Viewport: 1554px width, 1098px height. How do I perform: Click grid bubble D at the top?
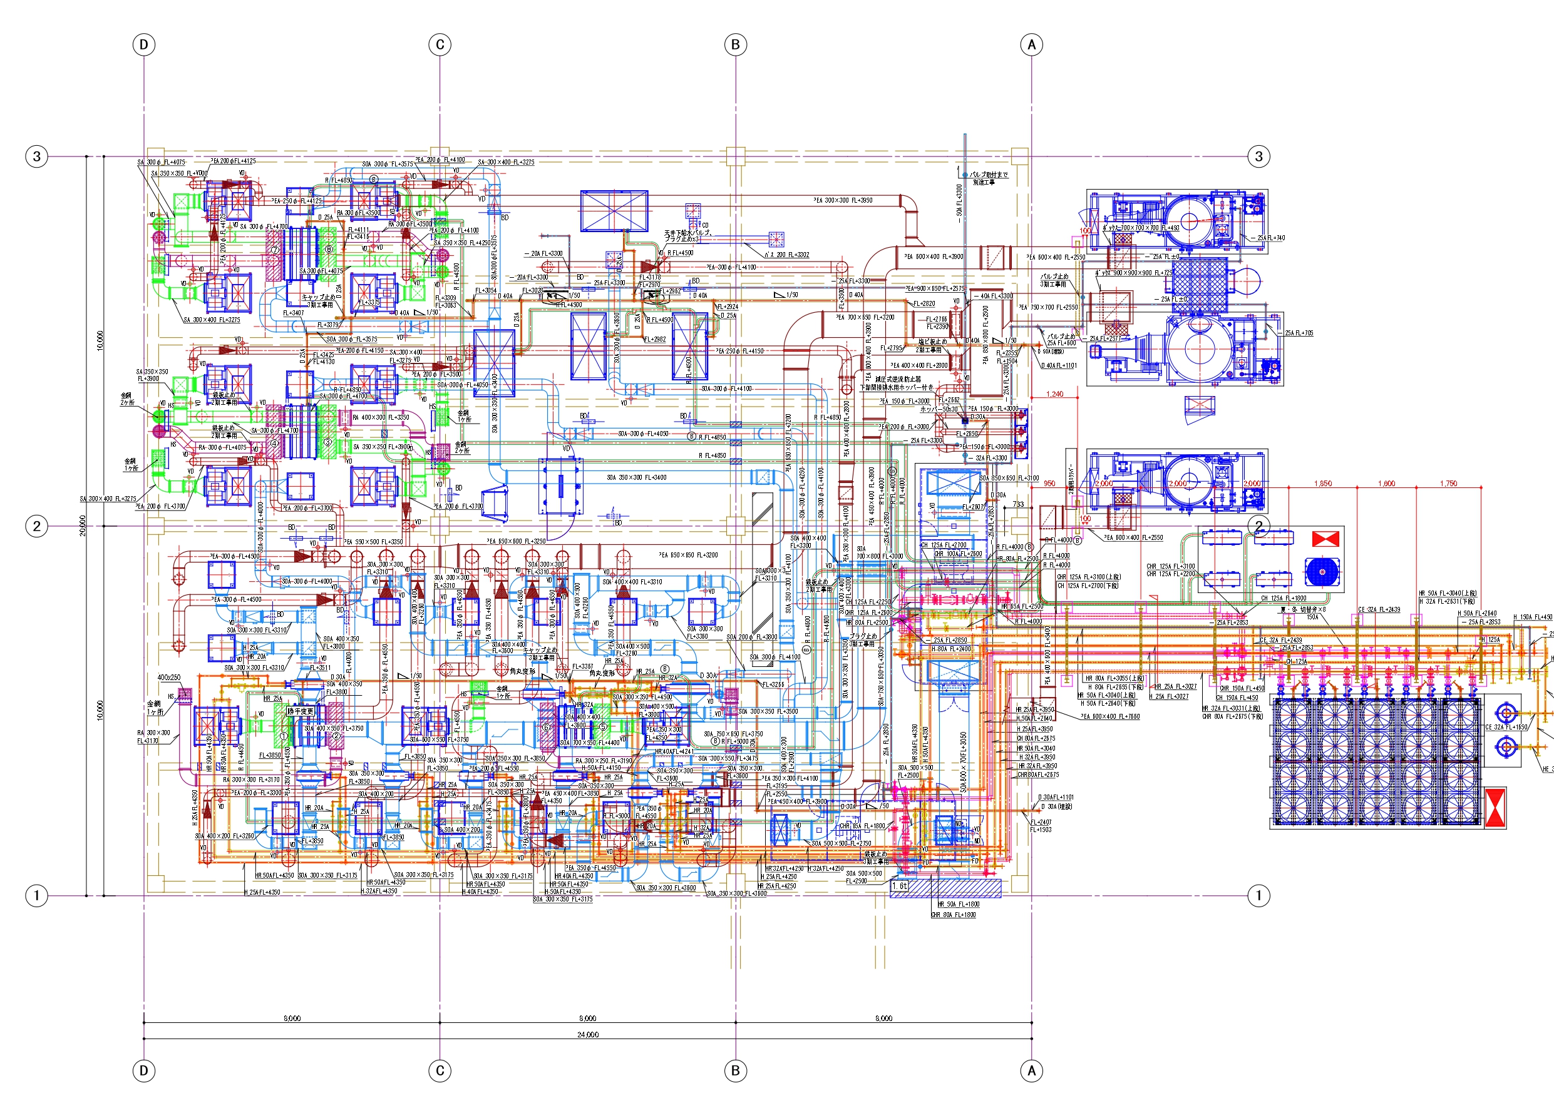[143, 44]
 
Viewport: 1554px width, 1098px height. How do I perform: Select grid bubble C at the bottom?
[440, 1070]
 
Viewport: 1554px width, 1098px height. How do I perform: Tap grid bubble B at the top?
[736, 44]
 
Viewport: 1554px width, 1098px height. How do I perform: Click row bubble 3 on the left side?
[36, 156]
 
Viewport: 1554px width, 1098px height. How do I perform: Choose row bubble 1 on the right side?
[1258, 896]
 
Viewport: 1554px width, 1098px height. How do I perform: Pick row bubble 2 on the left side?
[36, 526]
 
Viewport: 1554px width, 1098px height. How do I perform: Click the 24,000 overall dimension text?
[587, 1034]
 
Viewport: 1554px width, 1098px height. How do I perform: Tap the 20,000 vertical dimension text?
[83, 526]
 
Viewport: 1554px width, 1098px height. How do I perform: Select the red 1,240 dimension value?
[1054, 394]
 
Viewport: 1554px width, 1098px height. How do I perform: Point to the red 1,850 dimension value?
[1322, 483]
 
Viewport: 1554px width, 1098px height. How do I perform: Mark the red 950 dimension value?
[1049, 483]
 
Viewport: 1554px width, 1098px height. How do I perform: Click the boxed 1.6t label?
[900, 885]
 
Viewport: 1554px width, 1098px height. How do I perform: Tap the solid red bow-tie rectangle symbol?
[1325, 539]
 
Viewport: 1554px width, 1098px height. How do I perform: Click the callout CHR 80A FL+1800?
[953, 915]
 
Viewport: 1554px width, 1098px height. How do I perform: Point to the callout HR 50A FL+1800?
[958, 904]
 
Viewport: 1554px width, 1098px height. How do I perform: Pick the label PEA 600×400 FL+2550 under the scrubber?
[1133, 538]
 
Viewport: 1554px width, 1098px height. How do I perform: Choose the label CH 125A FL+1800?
[1284, 598]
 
